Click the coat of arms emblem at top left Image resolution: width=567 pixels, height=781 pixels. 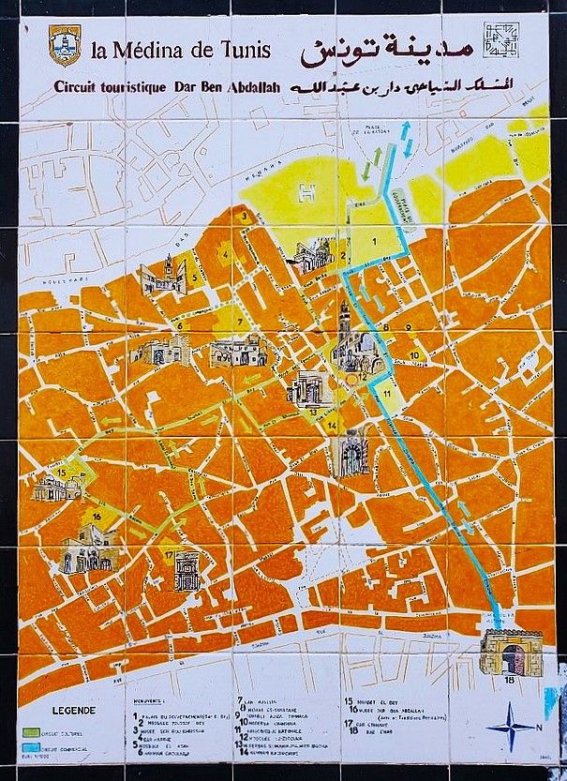(64, 45)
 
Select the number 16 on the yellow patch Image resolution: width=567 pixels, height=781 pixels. (97, 516)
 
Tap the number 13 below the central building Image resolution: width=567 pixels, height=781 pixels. (313, 411)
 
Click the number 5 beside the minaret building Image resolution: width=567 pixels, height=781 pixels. (194, 278)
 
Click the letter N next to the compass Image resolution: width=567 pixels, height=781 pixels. (540, 725)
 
